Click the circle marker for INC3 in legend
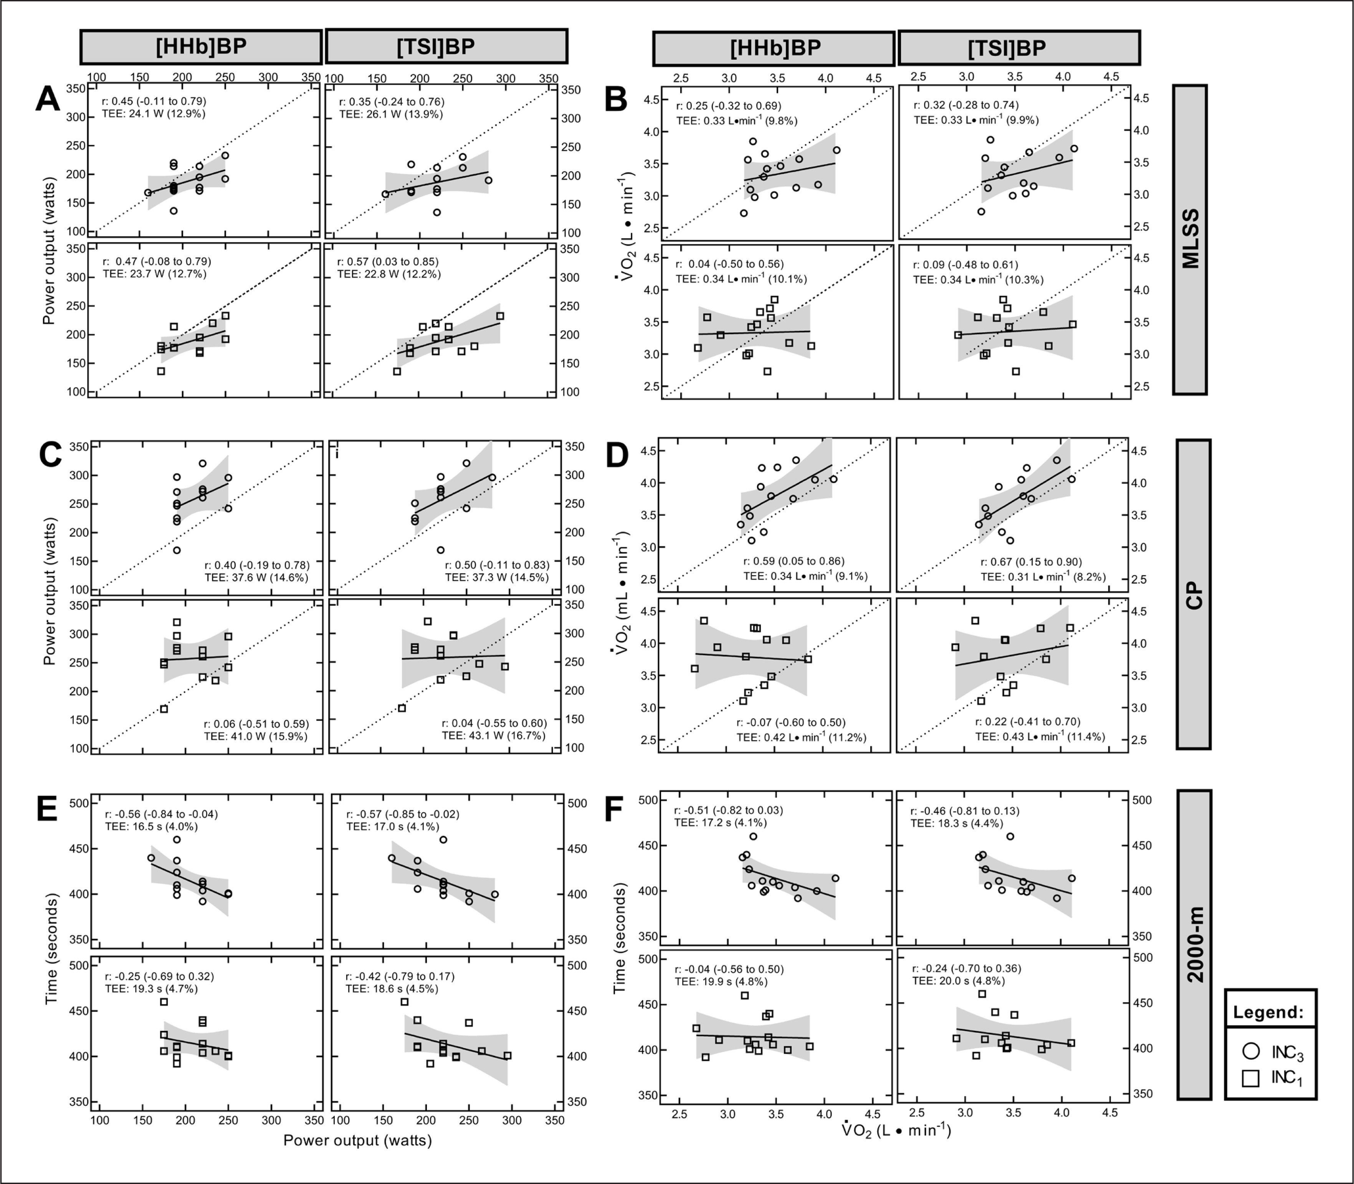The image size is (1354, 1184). click(1251, 1051)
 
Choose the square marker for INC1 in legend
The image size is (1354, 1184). click(1251, 1078)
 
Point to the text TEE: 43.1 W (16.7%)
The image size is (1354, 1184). click(494, 735)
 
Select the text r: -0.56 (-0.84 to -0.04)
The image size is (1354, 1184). click(161, 814)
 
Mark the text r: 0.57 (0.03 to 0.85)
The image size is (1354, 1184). click(389, 262)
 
